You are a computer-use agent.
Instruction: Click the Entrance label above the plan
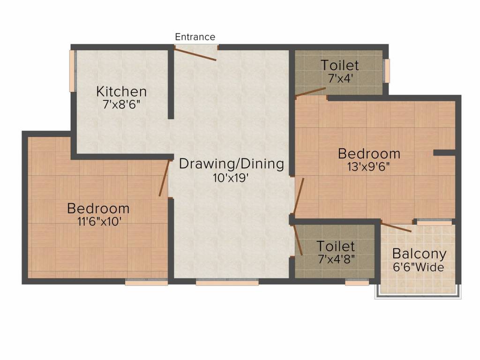click(x=195, y=37)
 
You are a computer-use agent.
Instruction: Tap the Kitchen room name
click(x=121, y=91)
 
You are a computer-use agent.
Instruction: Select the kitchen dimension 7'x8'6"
click(x=121, y=105)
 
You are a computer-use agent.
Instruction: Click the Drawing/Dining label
click(x=232, y=164)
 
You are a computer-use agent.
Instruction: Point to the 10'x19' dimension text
click(x=232, y=178)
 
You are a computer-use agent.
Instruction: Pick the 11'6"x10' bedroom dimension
click(x=98, y=221)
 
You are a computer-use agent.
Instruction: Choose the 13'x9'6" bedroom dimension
click(x=369, y=166)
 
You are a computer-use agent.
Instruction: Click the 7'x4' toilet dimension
click(x=339, y=78)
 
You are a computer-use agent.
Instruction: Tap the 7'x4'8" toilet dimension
click(x=336, y=259)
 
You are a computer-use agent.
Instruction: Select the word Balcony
click(x=419, y=254)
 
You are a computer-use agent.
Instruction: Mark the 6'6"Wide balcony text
click(x=419, y=268)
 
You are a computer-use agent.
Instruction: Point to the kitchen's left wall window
click(x=72, y=71)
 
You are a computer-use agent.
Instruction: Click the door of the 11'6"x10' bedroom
click(x=164, y=178)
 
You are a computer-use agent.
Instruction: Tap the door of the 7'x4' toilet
click(x=310, y=91)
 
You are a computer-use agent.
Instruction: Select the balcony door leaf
click(x=397, y=227)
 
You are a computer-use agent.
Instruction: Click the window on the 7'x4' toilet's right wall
click(x=387, y=71)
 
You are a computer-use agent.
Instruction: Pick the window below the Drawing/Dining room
click(x=227, y=283)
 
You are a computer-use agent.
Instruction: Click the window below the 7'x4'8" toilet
click(x=356, y=283)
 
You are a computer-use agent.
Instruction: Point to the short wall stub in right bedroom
click(x=444, y=153)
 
